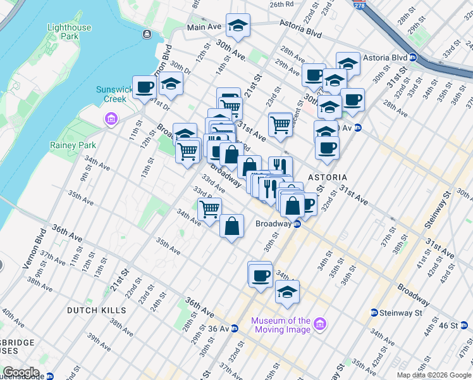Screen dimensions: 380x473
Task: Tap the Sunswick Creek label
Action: (115, 94)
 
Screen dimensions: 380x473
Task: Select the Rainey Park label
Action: (73, 145)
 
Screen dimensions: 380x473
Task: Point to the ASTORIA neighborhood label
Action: (327, 177)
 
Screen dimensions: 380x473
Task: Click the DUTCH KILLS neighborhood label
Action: (97, 310)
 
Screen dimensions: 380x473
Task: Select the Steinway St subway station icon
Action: (374, 313)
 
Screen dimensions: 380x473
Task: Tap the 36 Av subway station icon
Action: (234, 328)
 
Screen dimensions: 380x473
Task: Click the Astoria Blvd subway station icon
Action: (412, 57)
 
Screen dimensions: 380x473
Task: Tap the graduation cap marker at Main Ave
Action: (238, 25)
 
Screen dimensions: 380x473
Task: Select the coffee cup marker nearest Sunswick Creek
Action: (144, 87)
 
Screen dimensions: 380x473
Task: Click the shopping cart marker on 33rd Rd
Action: (209, 208)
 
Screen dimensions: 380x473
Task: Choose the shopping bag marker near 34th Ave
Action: (232, 225)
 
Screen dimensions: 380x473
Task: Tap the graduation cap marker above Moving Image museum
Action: (287, 291)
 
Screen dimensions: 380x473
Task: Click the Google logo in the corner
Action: (21, 372)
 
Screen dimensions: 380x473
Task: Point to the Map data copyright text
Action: (434, 375)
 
